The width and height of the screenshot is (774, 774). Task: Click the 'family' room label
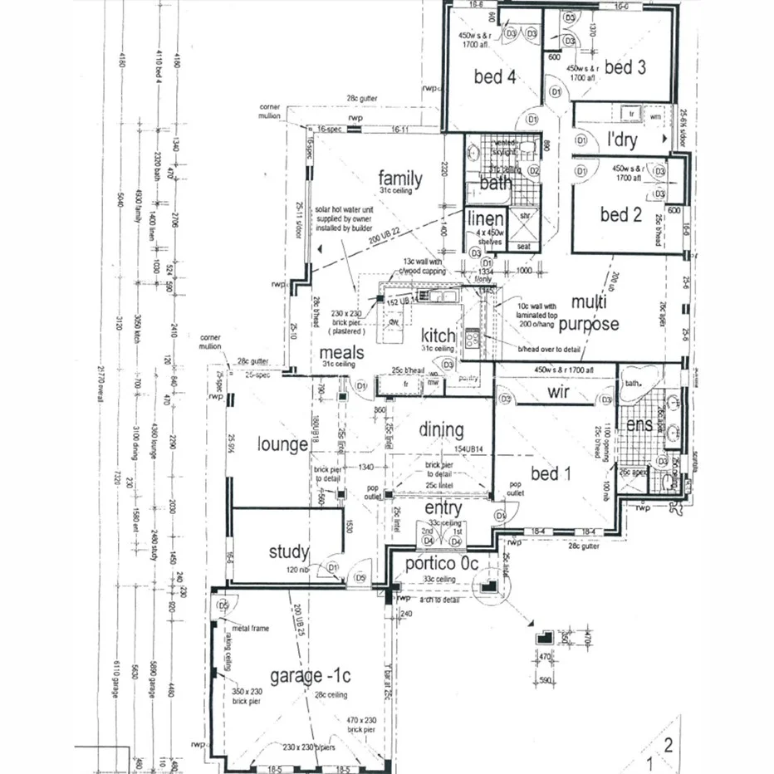[400, 179]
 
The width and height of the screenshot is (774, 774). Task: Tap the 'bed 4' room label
[495, 77]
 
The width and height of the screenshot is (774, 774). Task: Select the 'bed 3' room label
[625, 67]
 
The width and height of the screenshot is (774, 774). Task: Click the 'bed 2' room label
[621, 214]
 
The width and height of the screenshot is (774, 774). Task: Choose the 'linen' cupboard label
[485, 219]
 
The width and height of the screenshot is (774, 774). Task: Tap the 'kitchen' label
[438, 336]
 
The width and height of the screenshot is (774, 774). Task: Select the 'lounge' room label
[282, 444]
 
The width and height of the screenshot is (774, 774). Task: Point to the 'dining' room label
[441, 429]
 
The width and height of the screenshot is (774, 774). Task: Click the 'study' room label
[289, 551]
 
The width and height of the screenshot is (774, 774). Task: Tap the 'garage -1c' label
[304, 674]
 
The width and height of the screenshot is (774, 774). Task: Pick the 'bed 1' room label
[551, 474]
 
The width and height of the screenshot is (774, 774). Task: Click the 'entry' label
[443, 507]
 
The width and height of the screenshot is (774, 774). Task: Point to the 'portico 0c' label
[442, 564]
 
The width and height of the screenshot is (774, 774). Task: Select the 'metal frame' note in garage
[252, 629]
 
